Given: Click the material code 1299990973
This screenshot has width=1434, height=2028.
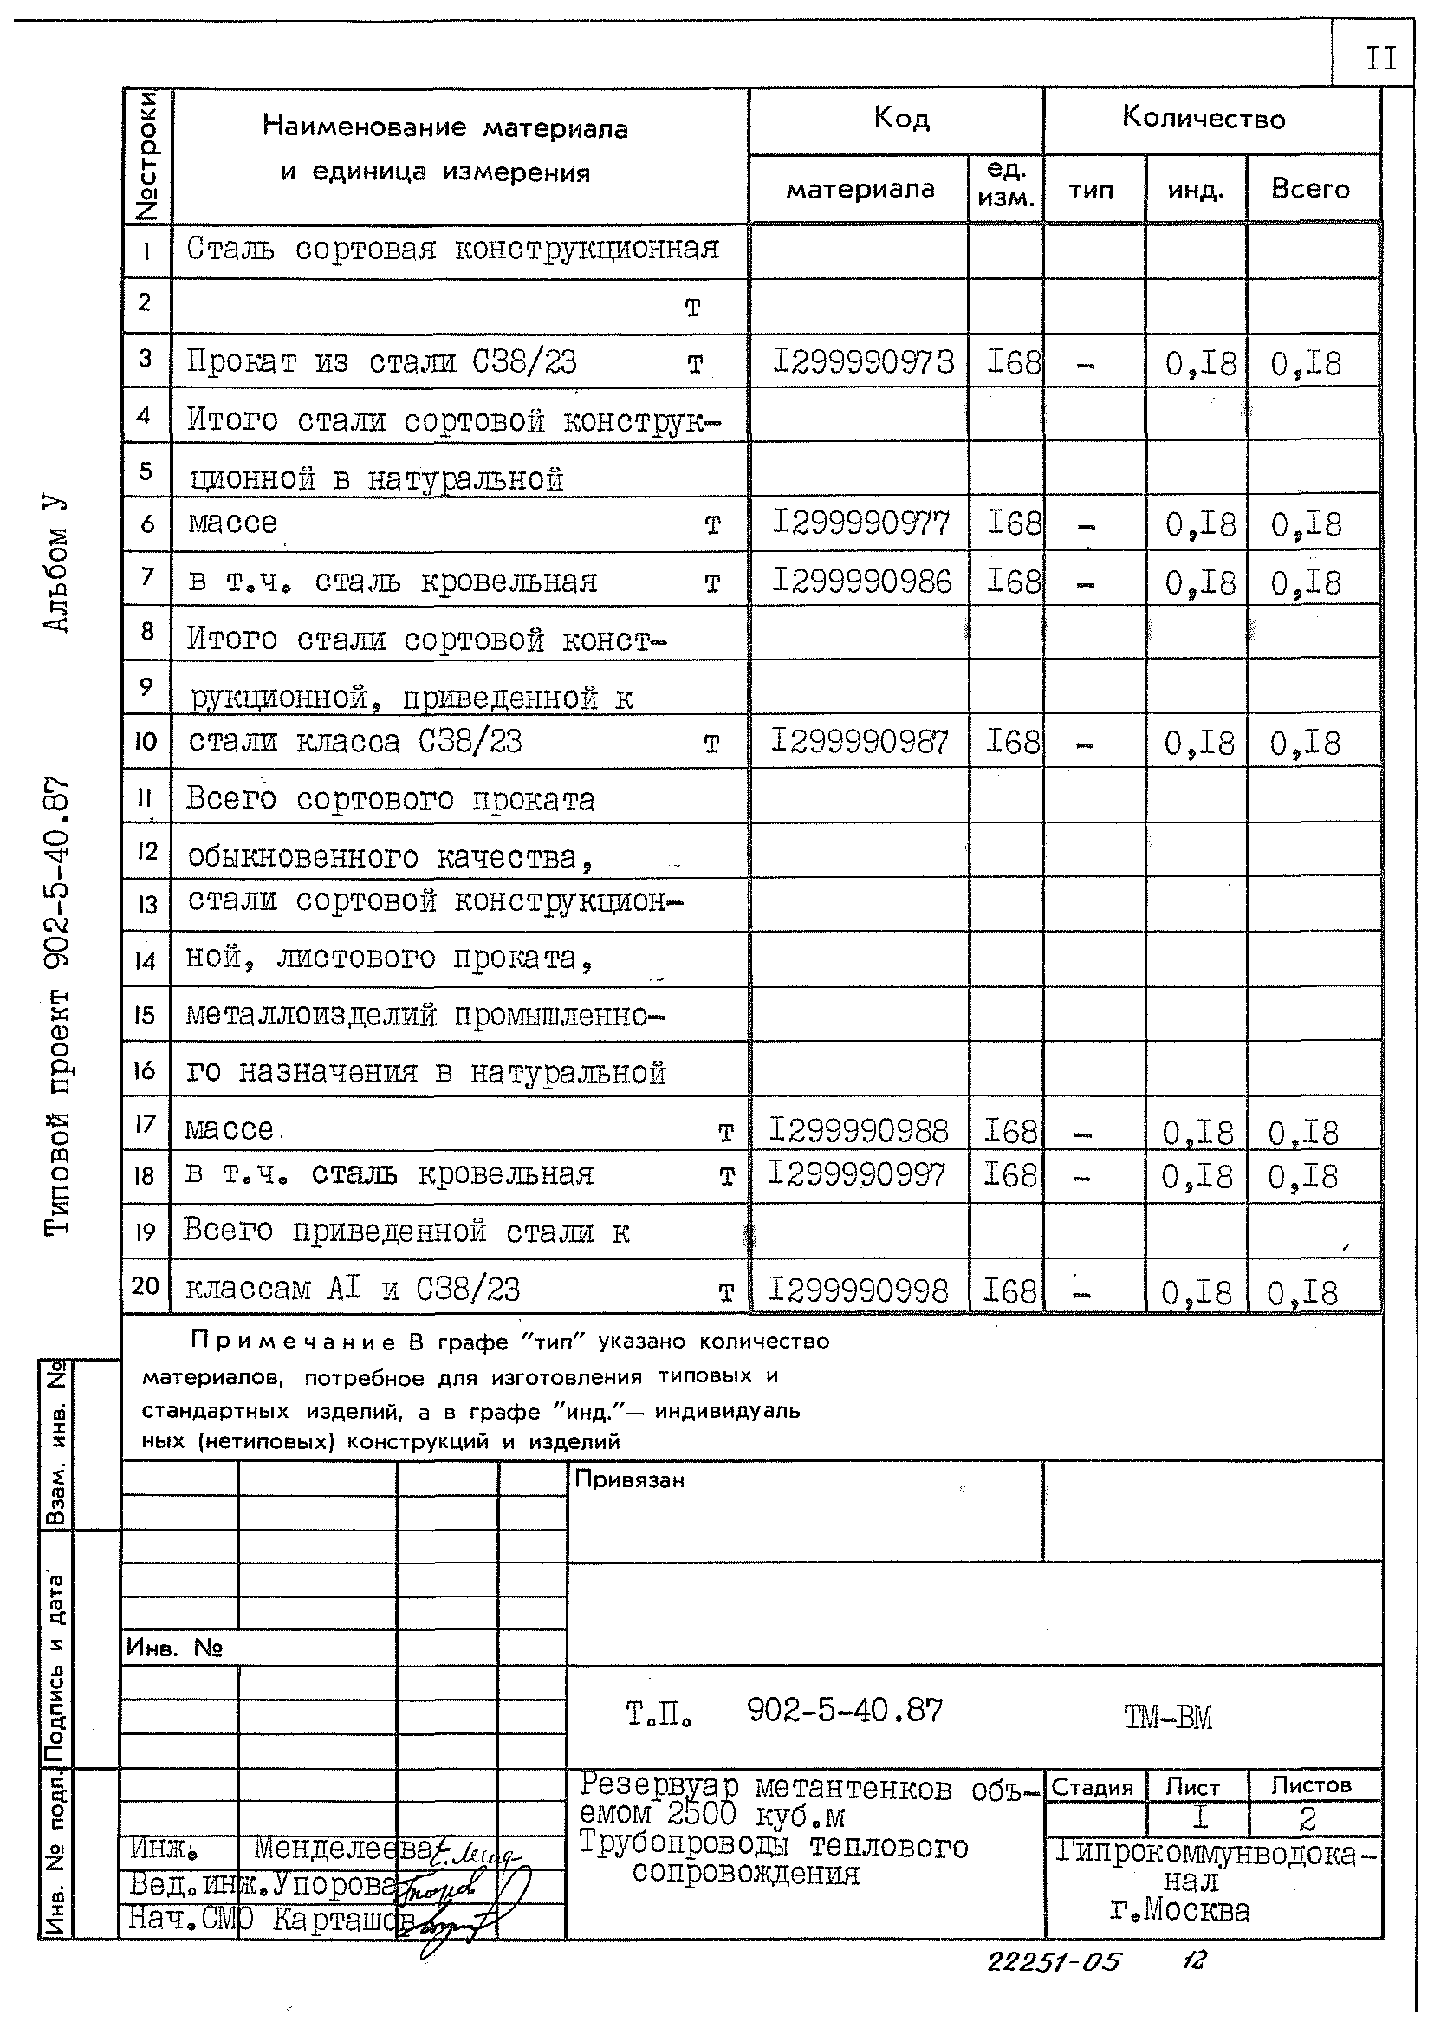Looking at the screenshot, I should pyautogui.click(x=863, y=362).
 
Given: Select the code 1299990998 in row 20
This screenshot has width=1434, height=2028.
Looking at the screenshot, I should pyautogui.click(x=859, y=1291).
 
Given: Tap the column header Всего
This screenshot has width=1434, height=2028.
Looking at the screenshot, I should pyautogui.click(x=1310, y=189).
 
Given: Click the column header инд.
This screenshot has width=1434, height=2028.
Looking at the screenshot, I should pyautogui.click(x=1196, y=190).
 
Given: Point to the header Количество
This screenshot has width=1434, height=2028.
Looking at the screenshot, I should pyautogui.click(x=1204, y=119).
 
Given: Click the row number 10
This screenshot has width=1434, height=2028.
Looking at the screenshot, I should pyautogui.click(x=146, y=741).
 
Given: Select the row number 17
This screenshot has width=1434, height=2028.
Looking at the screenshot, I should pyautogui.click(x=146, y=1123).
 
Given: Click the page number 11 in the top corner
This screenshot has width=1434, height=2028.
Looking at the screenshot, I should pyautogui.click(x=1381, y=59).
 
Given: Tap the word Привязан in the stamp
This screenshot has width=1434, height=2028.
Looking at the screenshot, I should pyautogui.click(x=630, y=1479).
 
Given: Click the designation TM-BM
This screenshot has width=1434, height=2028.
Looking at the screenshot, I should pyautogui.click(x=1168, y=1717).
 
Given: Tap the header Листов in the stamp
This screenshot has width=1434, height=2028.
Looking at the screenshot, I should pyautogui.click(x=1311, y=1785).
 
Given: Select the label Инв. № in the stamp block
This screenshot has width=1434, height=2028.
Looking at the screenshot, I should pyautogui.click(x=174, y=1648).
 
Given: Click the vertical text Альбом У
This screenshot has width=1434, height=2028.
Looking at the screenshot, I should pyautogui.click(x=55, y=564).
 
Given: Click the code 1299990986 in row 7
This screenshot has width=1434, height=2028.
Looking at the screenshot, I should pyautogui.click(x=862, y=582).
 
